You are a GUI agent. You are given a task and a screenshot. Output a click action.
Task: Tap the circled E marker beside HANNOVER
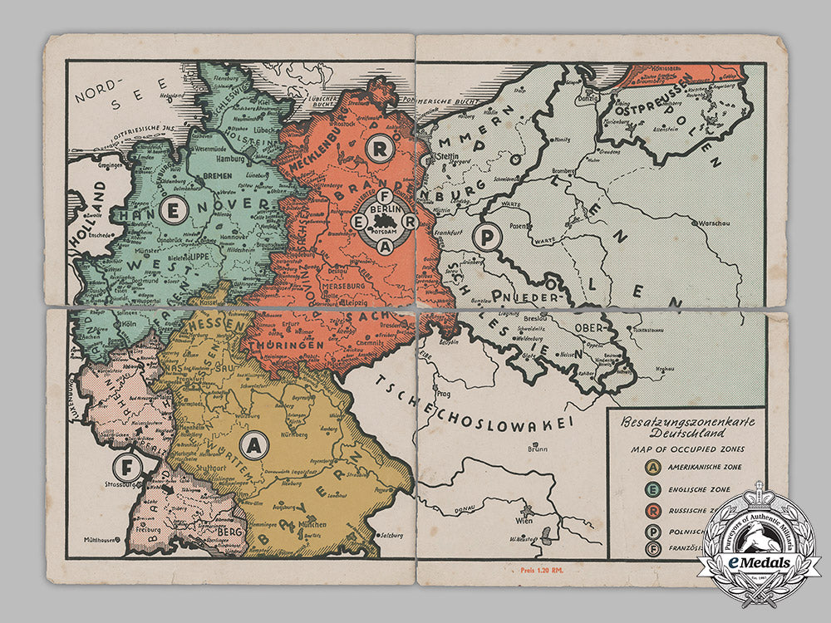tap(172, 211)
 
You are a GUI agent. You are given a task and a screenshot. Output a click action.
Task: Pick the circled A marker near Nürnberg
tap(256, 445)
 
